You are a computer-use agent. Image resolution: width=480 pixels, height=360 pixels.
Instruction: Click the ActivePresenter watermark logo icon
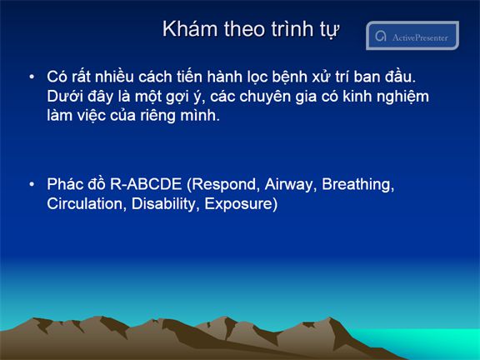tap(381, 36)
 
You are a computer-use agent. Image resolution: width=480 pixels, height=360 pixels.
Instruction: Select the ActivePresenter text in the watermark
tap(420, 37)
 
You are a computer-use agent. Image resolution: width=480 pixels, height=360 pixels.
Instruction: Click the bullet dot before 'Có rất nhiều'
tap(32, 77)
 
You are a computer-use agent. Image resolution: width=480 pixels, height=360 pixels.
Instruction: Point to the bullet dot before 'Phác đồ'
tap(32, 184)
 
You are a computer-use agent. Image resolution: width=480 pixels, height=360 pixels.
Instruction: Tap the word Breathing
tap(357, 185)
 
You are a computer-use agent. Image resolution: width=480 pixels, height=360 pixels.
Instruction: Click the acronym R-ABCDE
tap(146, 184)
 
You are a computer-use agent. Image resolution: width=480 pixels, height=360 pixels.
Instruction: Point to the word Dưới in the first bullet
tap(65, 97)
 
